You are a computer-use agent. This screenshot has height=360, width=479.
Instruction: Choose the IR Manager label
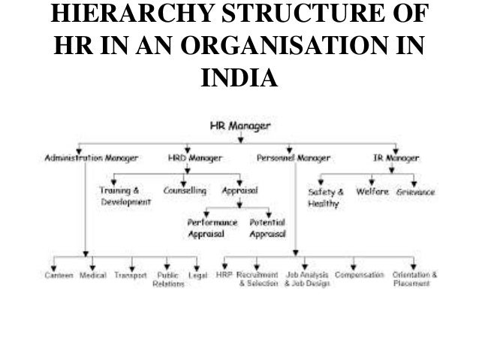[x=396, y=159]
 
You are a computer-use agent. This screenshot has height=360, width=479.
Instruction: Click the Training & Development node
[x=125, y=197]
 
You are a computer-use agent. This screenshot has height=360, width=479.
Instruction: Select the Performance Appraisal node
[x=212, y=228]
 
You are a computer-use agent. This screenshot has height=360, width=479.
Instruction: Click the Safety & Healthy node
[x=325, y=198]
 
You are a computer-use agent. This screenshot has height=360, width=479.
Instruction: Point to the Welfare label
[x=372, y=192]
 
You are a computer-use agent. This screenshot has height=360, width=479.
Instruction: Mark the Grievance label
[x=417, y=192]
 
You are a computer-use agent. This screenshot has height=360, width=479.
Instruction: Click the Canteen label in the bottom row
[x=58, y=276]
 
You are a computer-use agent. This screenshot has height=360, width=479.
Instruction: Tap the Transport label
[x=131, y=276]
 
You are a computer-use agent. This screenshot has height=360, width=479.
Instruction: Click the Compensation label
[x=360, y=276]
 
